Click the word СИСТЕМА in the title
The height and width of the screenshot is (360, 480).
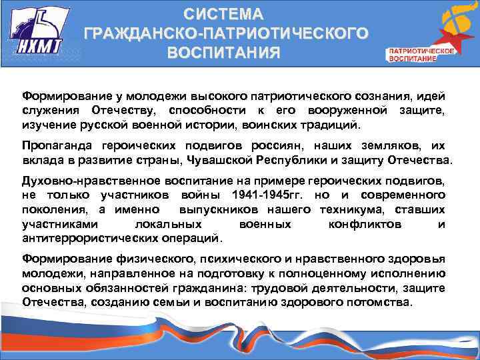click(x=224, y=14)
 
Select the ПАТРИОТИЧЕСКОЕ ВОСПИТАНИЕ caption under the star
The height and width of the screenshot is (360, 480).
click(x=421, y=55)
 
